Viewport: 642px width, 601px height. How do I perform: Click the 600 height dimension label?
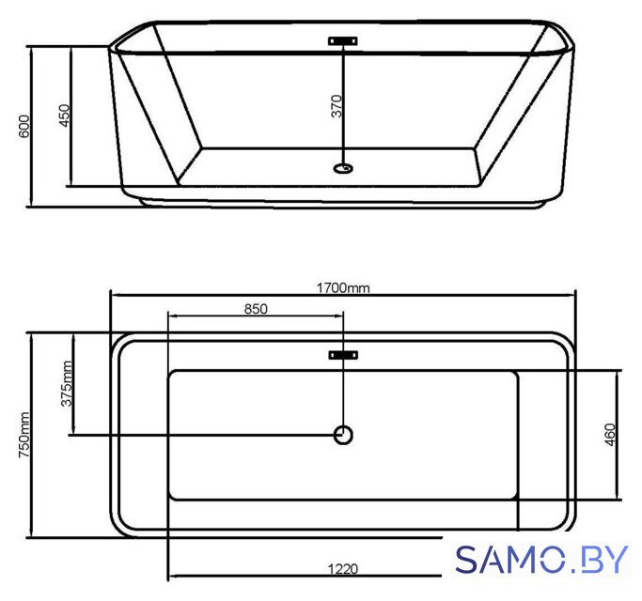24,127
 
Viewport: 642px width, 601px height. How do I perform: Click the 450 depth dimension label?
64,116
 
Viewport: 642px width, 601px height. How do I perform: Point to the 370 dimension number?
337,106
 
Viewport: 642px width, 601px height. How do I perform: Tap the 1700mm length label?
343,288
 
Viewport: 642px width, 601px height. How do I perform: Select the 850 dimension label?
256,309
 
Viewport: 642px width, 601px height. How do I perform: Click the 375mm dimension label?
67,383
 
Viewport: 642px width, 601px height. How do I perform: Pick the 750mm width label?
24,435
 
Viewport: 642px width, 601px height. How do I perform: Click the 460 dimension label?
610,435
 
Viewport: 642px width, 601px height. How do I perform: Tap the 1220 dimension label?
343,569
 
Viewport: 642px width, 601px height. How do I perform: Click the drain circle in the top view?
343,435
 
